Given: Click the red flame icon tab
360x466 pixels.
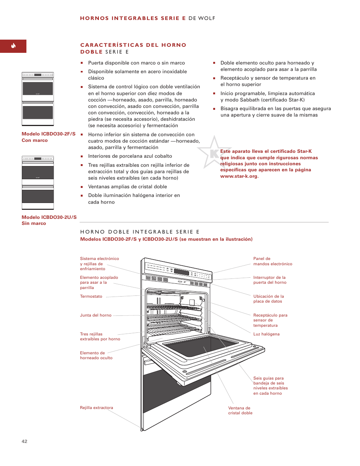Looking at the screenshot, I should pyautogui.click(x=13, y=46).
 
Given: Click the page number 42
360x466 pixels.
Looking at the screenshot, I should pyautogui.click(x=25, y=441).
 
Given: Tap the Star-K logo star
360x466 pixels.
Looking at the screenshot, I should pyautogui.click(x=213, y=153).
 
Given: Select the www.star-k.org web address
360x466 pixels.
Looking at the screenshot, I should pyautogui.click(x=239, y=176).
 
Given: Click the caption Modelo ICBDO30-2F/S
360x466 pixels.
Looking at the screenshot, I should pyautogui.click(x=48, y=134).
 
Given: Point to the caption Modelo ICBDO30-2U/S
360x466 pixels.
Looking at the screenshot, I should pyautogui.click(x=49, y=217).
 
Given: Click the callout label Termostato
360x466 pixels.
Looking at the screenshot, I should pyautogui.click(x=91, y=297).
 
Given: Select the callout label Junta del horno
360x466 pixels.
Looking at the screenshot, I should pyautogui.click(x=95, y=315).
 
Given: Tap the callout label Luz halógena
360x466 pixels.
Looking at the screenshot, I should pyautogui.click(x=266, y=334).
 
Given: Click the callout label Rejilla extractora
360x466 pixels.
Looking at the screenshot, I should pyautogui.click(x=96, y=408).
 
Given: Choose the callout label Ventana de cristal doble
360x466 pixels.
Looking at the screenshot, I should pyautogui.click(x=240, y=411).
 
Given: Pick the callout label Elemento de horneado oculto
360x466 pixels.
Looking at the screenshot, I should pyautogui.click(x=96, y=355).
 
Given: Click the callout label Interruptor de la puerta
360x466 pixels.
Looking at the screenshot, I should pyautogui.click(x=269, y=280).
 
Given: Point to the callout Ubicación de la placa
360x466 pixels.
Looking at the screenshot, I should pyautogui.click(x=268, y=299).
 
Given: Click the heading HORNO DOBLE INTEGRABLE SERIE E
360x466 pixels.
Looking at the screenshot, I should pyautogui.click(x=140, y=232).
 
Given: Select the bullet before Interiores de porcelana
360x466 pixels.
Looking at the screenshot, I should pyautogui.click(x=82, y=156).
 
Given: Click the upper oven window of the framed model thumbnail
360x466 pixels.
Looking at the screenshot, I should pyautogui.click(x=38, y=89).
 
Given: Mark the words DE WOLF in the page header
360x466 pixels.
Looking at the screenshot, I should pyautogui.click(x=202, y=18).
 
